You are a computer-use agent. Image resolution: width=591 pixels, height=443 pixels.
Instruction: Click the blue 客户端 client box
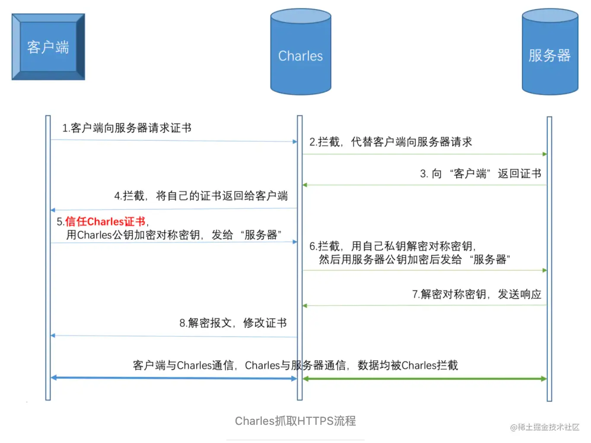point(48,47)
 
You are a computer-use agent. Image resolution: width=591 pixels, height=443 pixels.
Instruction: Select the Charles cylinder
point(300,52)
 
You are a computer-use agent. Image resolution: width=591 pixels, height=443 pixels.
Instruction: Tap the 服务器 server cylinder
point(550,52)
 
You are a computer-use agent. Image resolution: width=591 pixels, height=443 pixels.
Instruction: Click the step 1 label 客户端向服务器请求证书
point(127,128)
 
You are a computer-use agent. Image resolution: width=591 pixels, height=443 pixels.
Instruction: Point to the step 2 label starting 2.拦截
point(391,142)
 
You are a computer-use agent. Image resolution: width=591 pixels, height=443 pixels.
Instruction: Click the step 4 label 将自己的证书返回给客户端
point(201,196)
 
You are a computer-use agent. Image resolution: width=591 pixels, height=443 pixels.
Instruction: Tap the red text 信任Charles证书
point(105,221)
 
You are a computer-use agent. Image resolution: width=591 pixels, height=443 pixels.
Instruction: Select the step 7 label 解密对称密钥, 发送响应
point(477,295)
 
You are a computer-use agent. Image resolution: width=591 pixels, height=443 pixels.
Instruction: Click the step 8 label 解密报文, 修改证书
point(233,323)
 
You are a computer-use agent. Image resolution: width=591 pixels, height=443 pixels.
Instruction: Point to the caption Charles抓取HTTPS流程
point(295,421)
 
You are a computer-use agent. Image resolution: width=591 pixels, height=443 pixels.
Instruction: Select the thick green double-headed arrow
point(425,379)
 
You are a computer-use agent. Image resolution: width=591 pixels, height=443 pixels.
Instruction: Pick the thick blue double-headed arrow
point(174,378)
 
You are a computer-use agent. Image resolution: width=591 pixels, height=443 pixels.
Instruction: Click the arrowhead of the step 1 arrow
point(295,141)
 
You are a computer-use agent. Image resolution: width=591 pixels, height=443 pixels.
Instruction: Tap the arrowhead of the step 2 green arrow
point(545,154)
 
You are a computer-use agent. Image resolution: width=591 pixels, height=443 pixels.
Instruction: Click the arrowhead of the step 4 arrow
point(53,210)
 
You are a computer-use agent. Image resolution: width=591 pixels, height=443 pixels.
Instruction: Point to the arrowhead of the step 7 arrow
point(305,306)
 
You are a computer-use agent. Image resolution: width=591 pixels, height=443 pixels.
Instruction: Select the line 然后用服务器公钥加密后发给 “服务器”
point(414,260)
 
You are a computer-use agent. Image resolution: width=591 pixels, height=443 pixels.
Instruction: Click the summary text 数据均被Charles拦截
point(408,366)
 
